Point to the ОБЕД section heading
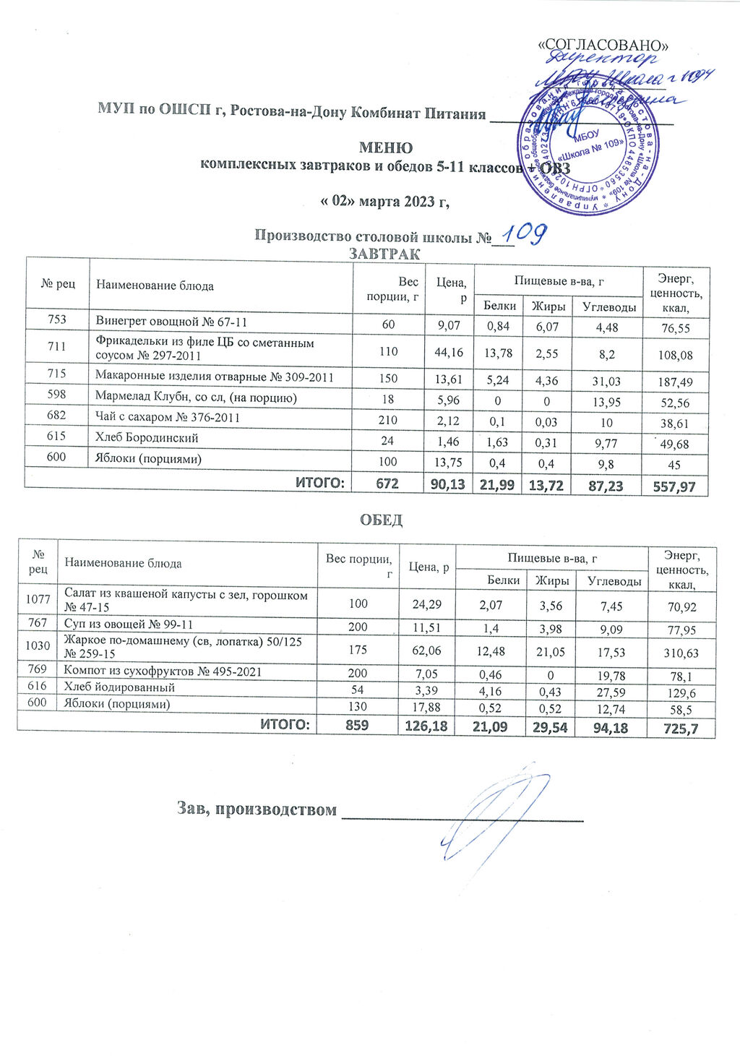click(x=381, y=520)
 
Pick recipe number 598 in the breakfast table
click(x=57, y=396)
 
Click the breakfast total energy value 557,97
click(x=674, y=486)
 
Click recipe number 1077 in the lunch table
click(x=38, y=599)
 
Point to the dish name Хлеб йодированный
click(x=119, y=687)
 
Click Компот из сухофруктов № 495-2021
click(x=163, y=671)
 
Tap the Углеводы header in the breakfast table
click(x=609, y=306)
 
